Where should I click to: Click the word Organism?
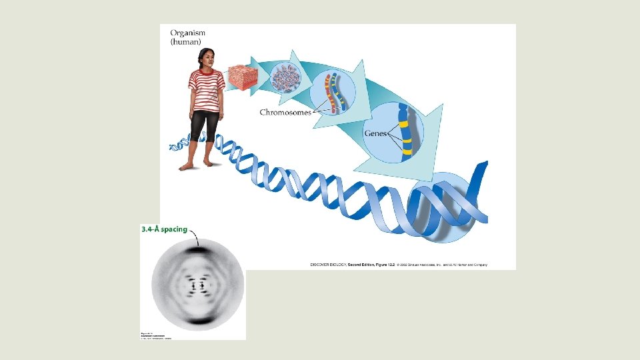189,33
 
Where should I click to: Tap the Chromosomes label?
285,113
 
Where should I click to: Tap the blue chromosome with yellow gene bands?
404,133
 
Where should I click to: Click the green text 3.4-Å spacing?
164,230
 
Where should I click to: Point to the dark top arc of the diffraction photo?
198,250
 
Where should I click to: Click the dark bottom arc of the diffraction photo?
198,321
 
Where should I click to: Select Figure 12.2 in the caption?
381,265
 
